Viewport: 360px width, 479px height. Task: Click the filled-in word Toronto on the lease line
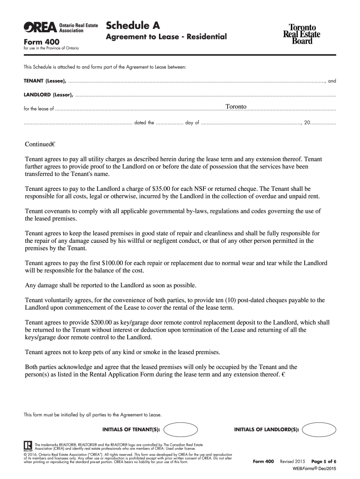(x=236, y=107)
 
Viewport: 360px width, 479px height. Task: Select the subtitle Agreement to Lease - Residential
(x=166, y=36)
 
